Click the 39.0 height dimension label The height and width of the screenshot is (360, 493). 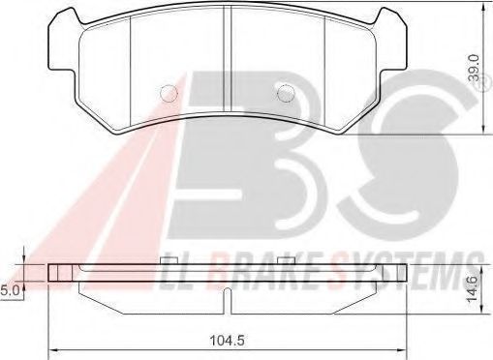(x=475, y=68)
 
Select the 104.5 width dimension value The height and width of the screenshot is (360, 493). (x=227, y=340)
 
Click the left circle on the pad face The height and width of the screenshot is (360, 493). (x=169, y=94)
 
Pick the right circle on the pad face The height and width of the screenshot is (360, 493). (x=286, y=94)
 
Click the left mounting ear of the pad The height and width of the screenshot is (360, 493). (x=64, y=39)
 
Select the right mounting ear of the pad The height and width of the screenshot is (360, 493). (x=391, y=39)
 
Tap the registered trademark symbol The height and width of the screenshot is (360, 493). (x=481, y=83)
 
